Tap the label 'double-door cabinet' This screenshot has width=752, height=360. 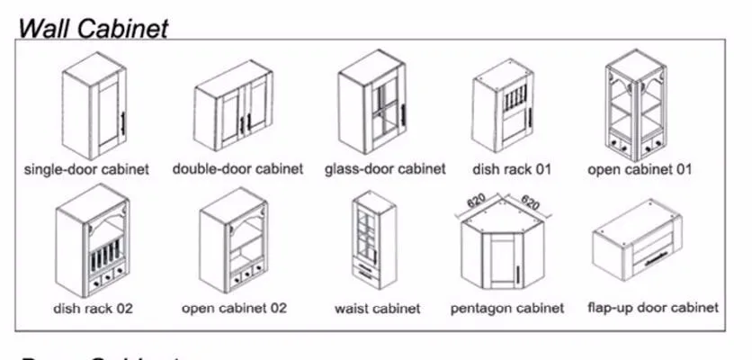tap(237, 168)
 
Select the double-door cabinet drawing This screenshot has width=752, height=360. tap(233, 107)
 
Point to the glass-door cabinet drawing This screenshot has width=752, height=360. tap(373, 103)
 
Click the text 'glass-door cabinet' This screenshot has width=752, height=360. tap(385, 168)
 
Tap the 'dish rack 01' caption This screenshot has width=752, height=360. tap(512, 168)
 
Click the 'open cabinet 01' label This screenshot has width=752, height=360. tap(640, 168)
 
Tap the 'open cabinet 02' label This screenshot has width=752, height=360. tap(235, 308)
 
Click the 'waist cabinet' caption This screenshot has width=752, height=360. tap(378, 308)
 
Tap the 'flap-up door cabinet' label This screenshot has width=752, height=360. tap(653, 308)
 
